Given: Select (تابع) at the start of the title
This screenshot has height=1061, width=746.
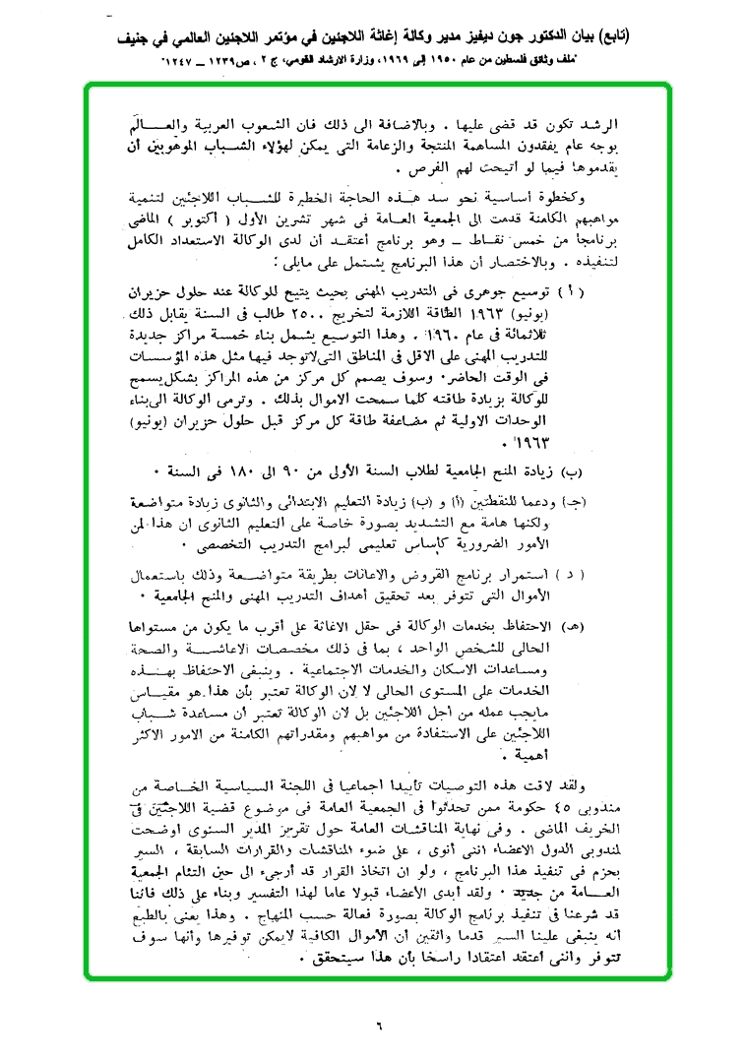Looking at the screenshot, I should [615, 37].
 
